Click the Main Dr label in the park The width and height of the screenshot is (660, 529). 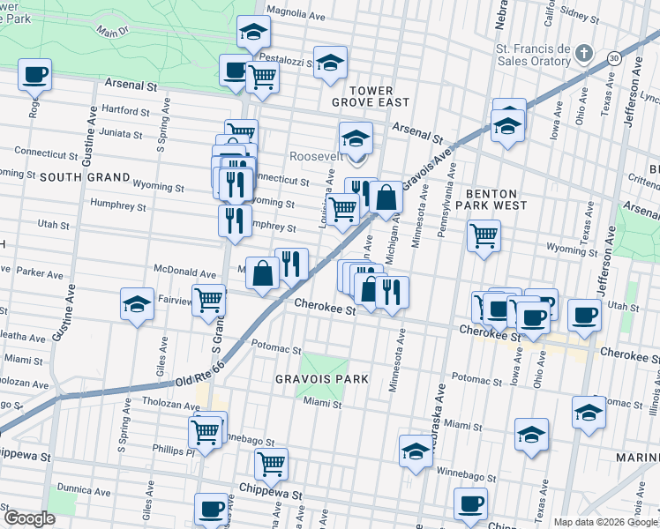[112, 32]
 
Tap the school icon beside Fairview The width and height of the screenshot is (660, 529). [137, 304]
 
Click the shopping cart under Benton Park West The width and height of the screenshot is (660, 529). [484, 235]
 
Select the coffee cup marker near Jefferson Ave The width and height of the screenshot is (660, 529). [583, 314]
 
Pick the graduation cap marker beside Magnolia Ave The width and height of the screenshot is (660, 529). [253, 33]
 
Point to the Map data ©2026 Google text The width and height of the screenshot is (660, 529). [604, 522]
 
